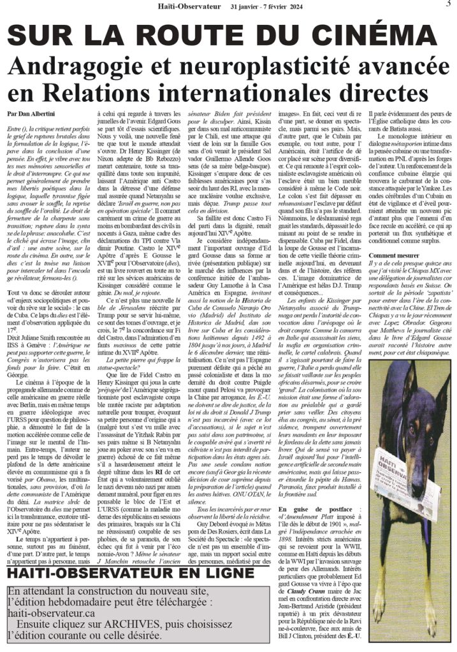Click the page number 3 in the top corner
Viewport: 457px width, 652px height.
tap(447, 5)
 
